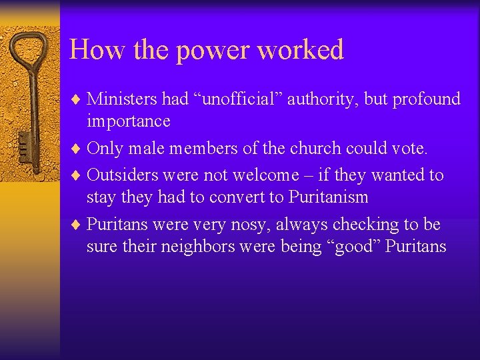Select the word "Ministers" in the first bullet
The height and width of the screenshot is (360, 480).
[x=122, y=99]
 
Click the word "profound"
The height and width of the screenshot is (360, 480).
[x=426, y=100]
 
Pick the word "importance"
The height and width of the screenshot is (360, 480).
[x=128, y=121]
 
